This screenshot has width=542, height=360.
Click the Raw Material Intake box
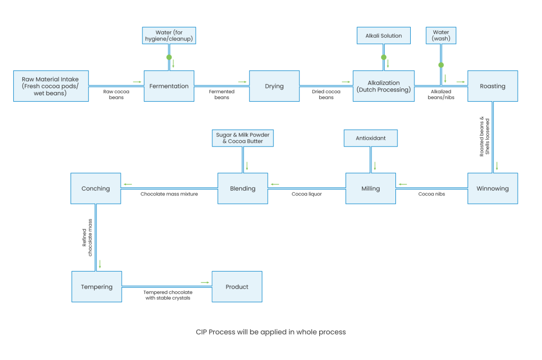coord(50,86)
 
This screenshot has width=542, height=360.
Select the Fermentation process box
coord(169,86)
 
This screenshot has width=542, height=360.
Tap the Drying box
coord(274,86)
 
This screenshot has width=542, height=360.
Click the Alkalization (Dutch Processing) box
coord(384,86)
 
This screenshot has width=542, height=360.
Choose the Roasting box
coord(492,86)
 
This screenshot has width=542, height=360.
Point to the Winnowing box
coord(492,188)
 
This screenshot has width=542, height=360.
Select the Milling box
coord(371,188)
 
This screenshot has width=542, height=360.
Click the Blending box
coord(242,188)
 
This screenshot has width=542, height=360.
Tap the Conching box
coord(96,188)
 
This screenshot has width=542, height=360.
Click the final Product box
coord(237,287)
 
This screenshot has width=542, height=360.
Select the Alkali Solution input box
coord(384,36)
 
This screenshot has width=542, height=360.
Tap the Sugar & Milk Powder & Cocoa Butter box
coord(242,138)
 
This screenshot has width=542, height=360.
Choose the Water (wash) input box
coord(441,36)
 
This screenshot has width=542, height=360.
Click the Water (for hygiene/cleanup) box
coord(169,36)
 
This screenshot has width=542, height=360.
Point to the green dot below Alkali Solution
coord(384,57)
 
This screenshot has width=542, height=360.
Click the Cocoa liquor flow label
coord(306,194)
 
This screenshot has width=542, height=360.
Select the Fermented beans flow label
coord(222,94)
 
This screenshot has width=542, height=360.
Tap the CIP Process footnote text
coord(270,332)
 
